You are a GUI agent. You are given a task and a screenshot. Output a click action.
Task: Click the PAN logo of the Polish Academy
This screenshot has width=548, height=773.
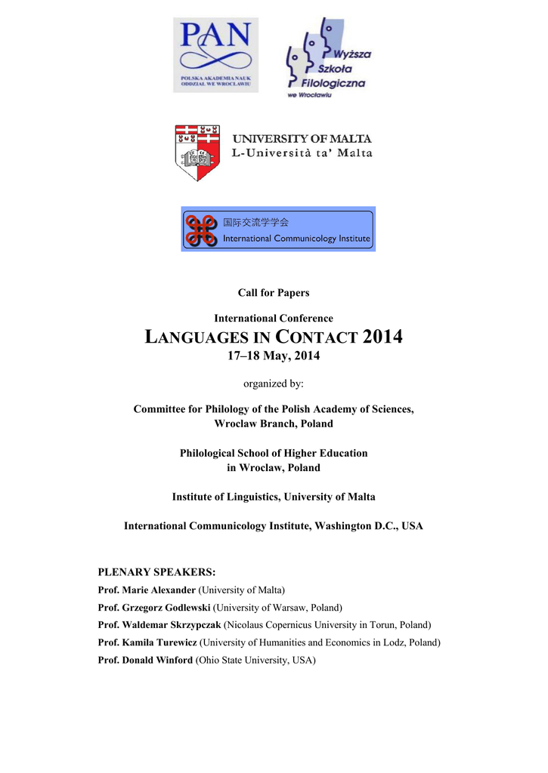(x=215, y=54)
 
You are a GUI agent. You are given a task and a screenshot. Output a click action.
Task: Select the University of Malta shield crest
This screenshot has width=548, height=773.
(x=197, y=152)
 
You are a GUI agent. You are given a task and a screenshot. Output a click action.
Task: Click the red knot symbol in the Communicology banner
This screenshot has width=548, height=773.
(x=202, y=229)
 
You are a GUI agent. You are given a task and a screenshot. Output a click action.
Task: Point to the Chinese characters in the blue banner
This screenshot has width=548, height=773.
(x=255, y=223)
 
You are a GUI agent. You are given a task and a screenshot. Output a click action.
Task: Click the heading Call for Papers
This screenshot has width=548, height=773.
(x=274, y=293)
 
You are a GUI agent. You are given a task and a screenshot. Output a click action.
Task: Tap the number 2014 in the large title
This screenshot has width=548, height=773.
(x=382, y=337)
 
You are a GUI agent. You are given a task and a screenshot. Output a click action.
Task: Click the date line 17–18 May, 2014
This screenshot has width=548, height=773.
(x=274, y=356)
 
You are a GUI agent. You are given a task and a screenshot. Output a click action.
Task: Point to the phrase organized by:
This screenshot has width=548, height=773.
(x=274, y=383)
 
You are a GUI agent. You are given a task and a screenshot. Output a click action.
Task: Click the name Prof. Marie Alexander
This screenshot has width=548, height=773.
(x=147, y=590)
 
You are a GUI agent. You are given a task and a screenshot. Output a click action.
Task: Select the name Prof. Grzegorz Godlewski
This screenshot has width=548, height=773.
(x=154, y=608)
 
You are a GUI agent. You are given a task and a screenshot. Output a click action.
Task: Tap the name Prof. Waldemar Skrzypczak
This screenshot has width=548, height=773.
(x=159, y=625)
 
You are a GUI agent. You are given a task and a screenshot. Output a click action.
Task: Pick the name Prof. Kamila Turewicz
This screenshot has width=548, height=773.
(x=147, y=643)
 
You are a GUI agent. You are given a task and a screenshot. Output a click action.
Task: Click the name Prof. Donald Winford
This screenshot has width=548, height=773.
(x=146, y=661)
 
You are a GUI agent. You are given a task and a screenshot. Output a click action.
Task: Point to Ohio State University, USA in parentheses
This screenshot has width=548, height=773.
(x=255, y=661)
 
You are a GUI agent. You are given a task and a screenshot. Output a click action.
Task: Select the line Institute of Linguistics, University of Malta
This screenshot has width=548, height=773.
(x=274, y=497)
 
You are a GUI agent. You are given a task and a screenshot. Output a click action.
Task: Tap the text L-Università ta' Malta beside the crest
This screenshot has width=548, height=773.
(x=302, y=153)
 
